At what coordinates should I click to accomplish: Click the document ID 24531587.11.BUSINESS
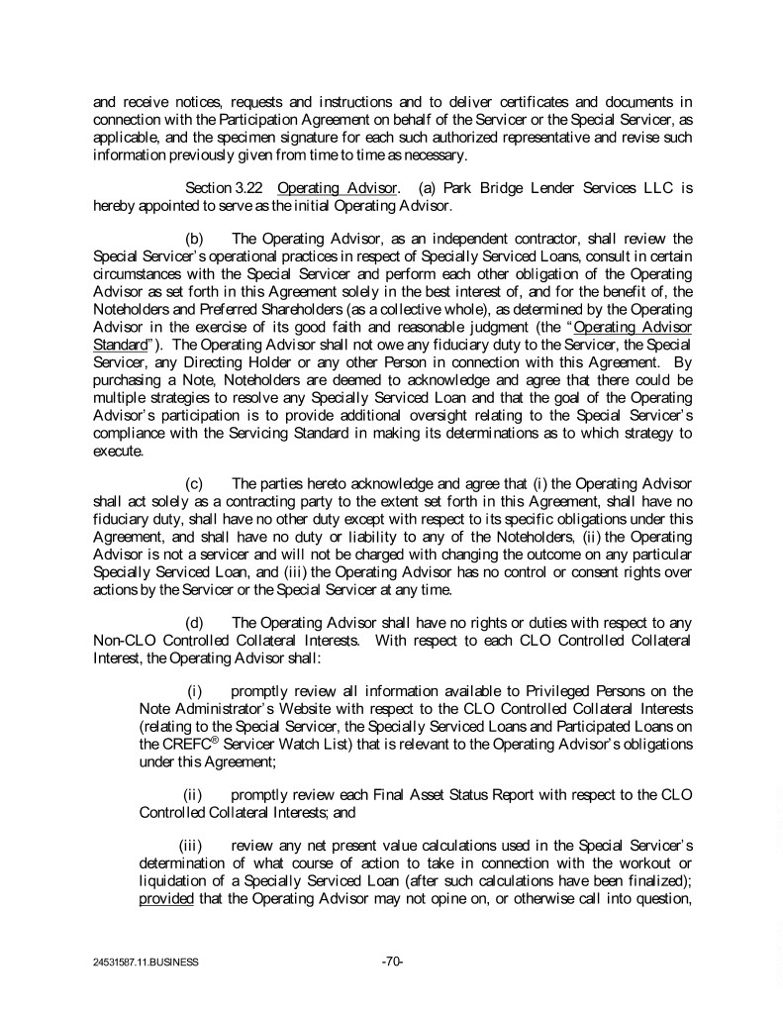pos(141,962)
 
